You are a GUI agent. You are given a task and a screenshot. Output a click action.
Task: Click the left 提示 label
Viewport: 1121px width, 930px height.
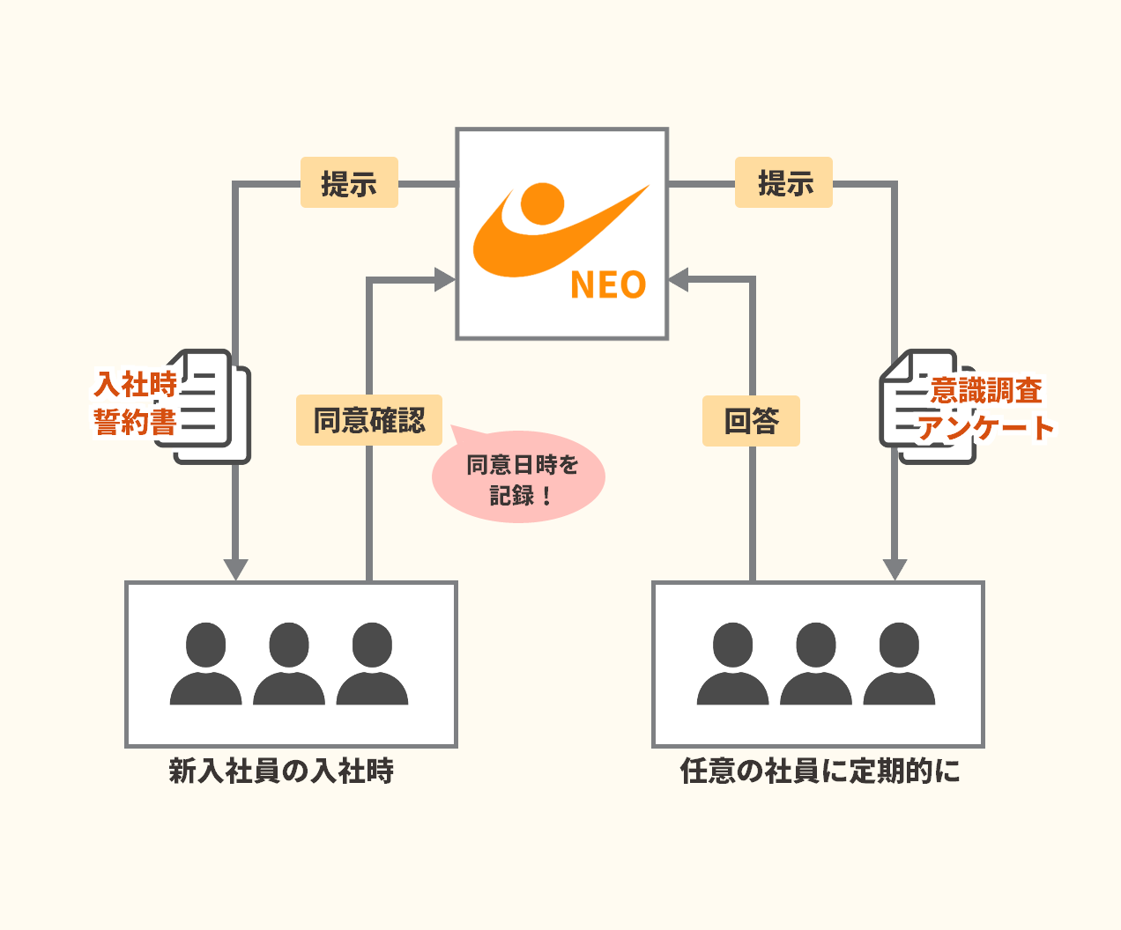349,183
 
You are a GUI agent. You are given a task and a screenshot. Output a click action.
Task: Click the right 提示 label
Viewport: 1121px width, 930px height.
783,183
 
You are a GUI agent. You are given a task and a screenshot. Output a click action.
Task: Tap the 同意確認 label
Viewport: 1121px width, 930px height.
369,420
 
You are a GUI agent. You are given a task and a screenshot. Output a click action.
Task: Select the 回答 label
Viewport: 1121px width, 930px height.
751,421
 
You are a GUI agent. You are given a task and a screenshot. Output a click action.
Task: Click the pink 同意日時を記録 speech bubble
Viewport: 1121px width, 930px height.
520,479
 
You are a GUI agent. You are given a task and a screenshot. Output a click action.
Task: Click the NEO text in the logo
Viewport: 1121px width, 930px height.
608,284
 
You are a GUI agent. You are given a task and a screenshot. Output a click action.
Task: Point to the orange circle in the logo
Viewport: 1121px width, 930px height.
542,203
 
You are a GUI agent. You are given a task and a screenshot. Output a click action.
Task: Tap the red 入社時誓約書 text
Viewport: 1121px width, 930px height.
136,403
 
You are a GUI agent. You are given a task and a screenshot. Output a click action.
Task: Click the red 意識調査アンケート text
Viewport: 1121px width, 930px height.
985,409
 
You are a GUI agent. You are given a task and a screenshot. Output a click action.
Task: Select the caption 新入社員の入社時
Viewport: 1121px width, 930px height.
281,771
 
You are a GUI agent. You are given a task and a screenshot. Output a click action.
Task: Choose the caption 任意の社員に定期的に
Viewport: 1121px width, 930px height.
820,771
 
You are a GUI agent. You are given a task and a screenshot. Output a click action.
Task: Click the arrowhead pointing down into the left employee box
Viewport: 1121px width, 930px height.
235,569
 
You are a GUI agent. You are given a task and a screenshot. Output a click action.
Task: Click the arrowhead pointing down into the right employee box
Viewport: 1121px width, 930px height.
895,569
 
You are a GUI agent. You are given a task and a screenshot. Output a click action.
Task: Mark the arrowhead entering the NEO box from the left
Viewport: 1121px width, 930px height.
444,280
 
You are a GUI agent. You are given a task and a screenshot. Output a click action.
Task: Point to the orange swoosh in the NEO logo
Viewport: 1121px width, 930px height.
529,251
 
